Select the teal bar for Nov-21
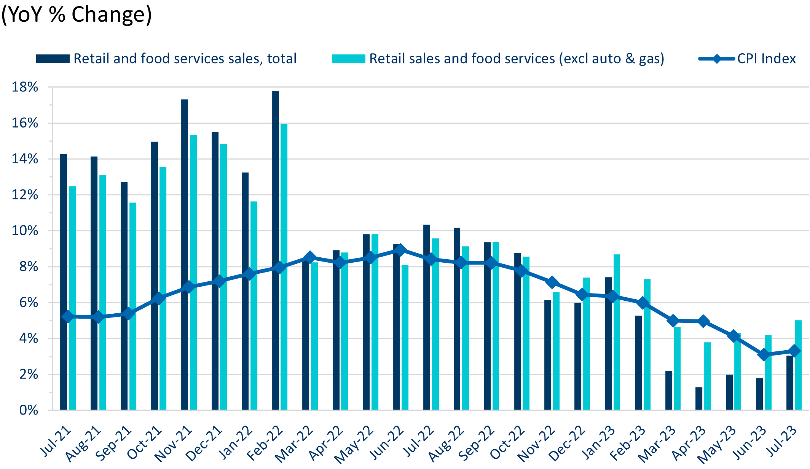coord(193,272)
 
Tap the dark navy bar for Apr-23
coord(699,399)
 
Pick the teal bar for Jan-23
coord(617,332)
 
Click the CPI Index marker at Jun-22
coord(400,250)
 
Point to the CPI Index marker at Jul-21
coord(68,316)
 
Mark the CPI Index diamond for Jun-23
coord(764,355)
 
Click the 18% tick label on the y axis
coord(25,87)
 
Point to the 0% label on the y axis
coord(29,410)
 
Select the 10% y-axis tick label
coord(25,231)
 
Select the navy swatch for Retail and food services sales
coord(53,59)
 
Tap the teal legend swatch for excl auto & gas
coord(348,59)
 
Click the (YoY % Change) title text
coord(77,14)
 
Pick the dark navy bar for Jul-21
coord(64,282)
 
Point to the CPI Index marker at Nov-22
coord(552,282)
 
